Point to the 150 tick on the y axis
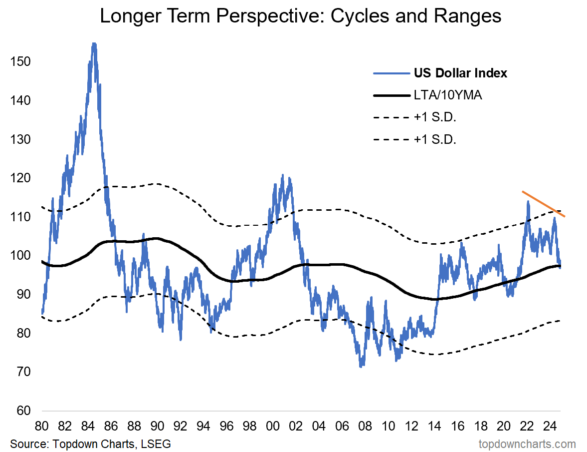(19, 62)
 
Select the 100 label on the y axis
(19, 256)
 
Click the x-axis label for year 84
(88, 427)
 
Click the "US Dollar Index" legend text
(460, 73)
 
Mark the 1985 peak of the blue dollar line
(94, 44)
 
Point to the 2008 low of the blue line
(361, 366)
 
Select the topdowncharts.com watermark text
(527, 444)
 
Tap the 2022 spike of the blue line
(528, 202)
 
